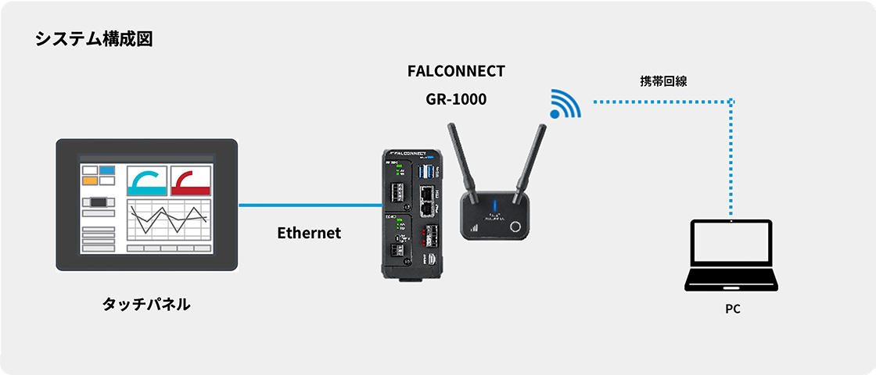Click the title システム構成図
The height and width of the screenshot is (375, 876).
pyautogui.click(x=93, y=40)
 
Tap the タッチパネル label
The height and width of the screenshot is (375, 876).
pyautogui.click(x=146, y=304)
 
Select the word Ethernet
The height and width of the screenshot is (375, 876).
pyautogui.click(x=309, y=233)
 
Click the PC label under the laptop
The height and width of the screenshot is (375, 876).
pyautogui.click(x=732, y=309)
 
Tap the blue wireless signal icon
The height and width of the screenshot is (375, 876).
pyautogui.click(x=565, y=103)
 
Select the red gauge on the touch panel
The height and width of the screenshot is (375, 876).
pyautogui.click(x=191, y=181)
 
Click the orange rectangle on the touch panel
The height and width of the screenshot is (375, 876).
pyautogui.click(x=90, y=181)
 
